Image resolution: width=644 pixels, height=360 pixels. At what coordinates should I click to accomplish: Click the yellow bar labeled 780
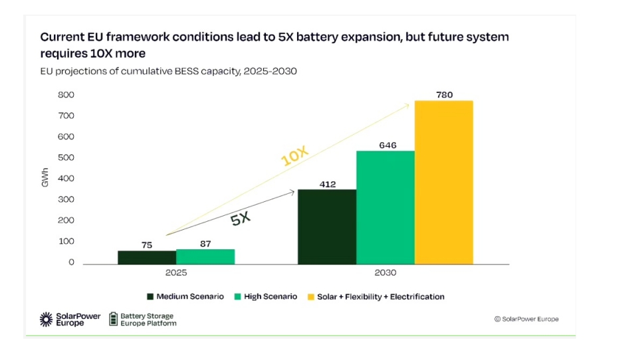pyautogui.click(x=443, y=182)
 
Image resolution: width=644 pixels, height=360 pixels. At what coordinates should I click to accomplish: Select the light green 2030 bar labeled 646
pyautogui.click(x=385, y=207)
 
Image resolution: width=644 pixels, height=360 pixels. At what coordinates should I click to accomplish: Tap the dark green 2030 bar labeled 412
pyautogui.click(x=326, y=226)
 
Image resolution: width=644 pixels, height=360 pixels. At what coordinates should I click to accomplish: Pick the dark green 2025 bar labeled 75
pyautogui.click(x=147, y=257)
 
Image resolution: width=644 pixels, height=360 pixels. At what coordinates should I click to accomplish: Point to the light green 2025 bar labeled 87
pyautogui.click(x=205, y=256)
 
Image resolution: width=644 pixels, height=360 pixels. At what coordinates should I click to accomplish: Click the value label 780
pyautogui.click(x=444, y=95)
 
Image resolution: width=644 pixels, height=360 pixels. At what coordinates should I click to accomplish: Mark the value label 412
pyautogui.click(x=327, y=183)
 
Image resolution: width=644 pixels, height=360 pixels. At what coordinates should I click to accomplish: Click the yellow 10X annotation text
pyautogui.click(x=294, y=157)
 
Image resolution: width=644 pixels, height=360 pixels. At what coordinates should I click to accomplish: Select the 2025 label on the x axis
pyautogui.click(x=176, y=274)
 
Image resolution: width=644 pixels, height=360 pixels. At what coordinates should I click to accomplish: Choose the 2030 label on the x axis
pyautogui.click(x=385, y=274)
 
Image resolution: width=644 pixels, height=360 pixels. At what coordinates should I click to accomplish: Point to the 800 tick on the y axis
pyautogui.click(x=66, y=95)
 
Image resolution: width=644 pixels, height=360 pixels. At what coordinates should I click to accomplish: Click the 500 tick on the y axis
pyautogui.click(x=66, y=157)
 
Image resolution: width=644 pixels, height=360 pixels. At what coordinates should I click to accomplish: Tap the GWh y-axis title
pyautogui.click(x=46, y=179)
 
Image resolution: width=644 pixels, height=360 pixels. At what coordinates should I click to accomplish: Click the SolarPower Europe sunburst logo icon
pyautogui.click(x=47, y=319)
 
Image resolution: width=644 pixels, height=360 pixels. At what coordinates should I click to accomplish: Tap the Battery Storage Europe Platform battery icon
pyautogui.click(x=113, y=319)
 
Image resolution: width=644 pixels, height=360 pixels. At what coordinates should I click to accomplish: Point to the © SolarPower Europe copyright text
pyautogui.click(x=526, y=319)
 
